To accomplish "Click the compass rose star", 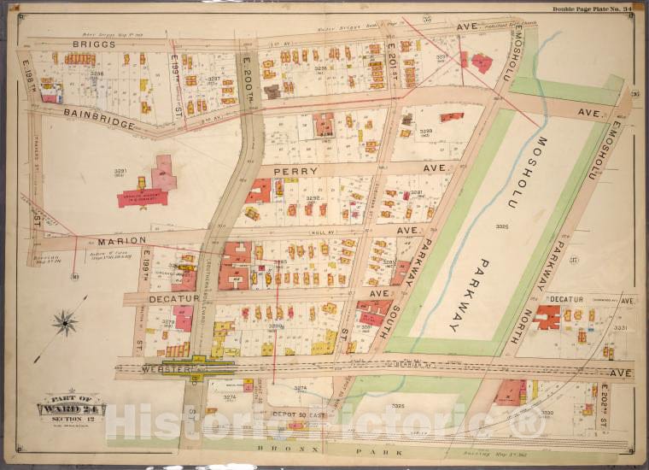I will pos(65,322).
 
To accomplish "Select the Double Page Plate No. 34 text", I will pos(592,8).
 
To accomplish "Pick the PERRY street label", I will pos(295,171).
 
